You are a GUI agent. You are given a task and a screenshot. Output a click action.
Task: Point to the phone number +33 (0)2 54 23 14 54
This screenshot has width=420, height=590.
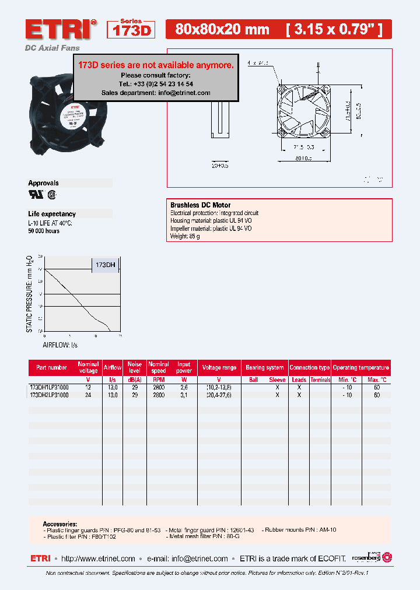(164, 84)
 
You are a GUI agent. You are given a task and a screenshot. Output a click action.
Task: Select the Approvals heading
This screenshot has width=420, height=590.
(44, 183)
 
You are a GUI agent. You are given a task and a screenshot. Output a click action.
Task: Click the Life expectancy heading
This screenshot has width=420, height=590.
(52, 214)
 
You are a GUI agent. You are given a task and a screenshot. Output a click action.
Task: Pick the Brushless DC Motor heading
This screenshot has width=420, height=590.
(200, 205)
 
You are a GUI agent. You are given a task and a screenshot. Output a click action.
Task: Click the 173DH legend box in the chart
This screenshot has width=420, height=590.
(106, 265)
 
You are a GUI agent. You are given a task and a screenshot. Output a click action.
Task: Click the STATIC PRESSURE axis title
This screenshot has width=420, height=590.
(30, 294)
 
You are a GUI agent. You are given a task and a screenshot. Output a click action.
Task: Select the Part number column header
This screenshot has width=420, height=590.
(52, 368)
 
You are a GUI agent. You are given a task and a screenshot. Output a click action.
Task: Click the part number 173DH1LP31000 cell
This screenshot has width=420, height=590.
(49, 387)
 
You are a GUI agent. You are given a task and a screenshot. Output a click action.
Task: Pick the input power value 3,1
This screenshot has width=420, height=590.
(184, 395)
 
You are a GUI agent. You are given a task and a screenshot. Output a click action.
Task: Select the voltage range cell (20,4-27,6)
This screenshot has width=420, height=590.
(219, 395)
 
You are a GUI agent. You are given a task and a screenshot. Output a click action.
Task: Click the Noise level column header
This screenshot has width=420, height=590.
(135, 368)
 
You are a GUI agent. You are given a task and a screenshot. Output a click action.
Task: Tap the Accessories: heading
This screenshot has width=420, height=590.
(60, 524)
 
